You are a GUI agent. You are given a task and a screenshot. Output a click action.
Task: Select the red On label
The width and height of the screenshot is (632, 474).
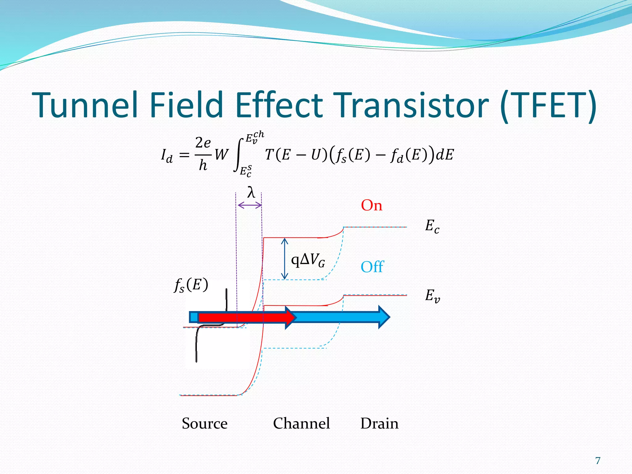click(x=372, y=205)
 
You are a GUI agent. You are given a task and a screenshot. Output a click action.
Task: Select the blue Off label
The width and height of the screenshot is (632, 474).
click(x=372, y=267)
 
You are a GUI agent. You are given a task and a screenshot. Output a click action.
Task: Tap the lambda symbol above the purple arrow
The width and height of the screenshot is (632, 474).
click(x=251, y=193)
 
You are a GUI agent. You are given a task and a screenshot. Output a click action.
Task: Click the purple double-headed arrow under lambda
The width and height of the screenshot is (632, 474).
click(x=249, y=205)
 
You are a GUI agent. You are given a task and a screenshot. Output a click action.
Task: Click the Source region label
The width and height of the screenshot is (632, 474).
click(x=205, y=423)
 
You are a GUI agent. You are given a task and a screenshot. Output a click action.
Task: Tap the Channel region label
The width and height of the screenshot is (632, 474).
click(x=301, y=423)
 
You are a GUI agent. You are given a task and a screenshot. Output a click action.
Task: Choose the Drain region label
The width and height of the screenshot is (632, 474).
click(x=379, y=423)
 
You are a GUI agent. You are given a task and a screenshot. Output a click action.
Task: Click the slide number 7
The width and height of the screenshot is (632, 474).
click(x=598, y=460)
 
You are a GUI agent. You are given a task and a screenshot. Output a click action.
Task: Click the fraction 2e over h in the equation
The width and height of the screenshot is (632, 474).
click(x=203, y=154)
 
